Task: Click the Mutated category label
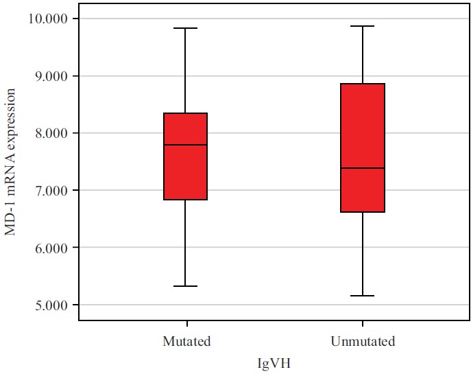tap(186, 341)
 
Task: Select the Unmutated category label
tap(363, 341)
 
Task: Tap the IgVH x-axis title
tap(274, 364)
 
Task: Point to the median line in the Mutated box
tap(186, 145)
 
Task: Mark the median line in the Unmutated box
tap(363, 168)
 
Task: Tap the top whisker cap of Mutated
tap(186, 28)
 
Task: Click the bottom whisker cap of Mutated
tap(186, 286)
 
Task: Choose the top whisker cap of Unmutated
tap(363, 26)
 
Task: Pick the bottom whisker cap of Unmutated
tap(363, 296)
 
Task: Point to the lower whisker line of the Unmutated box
tap(363, 254)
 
